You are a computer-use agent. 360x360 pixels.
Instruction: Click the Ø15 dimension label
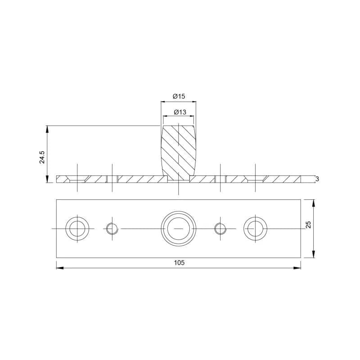coord(179,96)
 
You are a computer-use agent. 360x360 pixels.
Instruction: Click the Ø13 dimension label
coord(180,112)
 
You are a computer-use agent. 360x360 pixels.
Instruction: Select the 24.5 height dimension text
coord(42,157)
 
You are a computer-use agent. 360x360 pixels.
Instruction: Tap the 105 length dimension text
coord(179,262)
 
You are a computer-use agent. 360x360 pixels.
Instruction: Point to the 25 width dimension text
coord(309,224)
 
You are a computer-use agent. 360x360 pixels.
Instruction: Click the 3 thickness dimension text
coord(317,179)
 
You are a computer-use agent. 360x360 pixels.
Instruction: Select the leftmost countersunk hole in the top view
coord(77,229)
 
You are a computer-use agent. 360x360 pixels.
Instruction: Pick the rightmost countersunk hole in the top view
coord(255,229)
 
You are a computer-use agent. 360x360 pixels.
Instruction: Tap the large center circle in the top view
coord(179,229)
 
